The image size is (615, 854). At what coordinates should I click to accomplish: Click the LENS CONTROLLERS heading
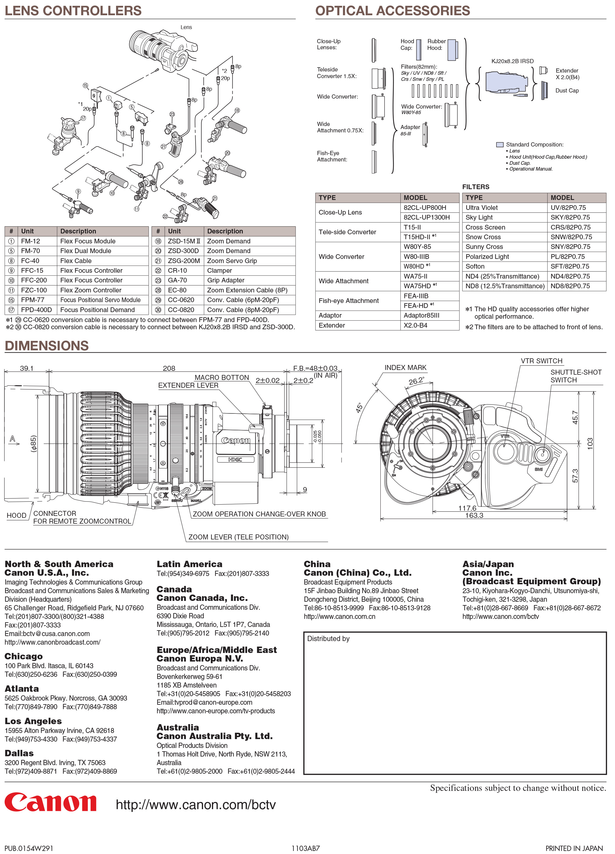(73, 11)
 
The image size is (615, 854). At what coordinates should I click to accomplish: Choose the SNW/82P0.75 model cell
(571, 237)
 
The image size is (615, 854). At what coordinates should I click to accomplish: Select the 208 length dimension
(169, 368)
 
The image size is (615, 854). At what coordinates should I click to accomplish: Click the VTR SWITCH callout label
(541, 361)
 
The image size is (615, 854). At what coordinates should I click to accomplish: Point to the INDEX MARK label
(405, 367)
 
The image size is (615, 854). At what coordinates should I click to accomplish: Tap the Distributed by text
(328, 639)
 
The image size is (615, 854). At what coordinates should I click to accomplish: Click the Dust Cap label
(567, 91)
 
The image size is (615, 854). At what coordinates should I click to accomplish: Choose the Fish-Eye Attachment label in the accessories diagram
(332, 156)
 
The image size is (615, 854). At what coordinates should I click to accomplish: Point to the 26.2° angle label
(416, 381)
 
